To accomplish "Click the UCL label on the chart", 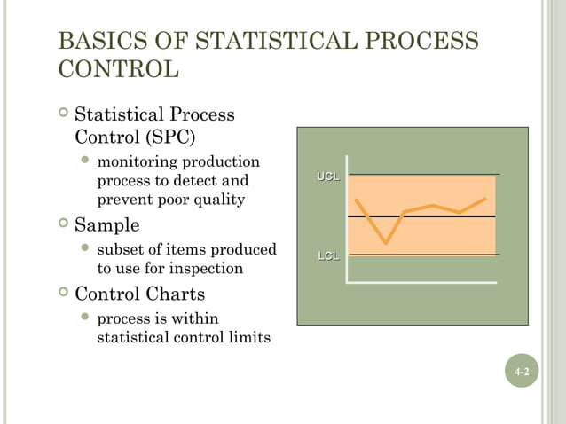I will click(x=328, y=177).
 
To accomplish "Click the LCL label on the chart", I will click(x=328, y=257).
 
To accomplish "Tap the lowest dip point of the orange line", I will click(x=386, y=242).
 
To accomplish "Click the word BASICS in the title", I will click(x=98, y=43).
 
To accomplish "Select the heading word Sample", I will click(x=106, y=224).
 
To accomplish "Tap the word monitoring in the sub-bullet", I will click(x=134, y=162).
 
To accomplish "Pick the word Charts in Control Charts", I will click(x=177, y=294).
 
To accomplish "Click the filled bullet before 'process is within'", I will click(x=85, y=318).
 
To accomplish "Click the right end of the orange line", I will click(x=485, y=199).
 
